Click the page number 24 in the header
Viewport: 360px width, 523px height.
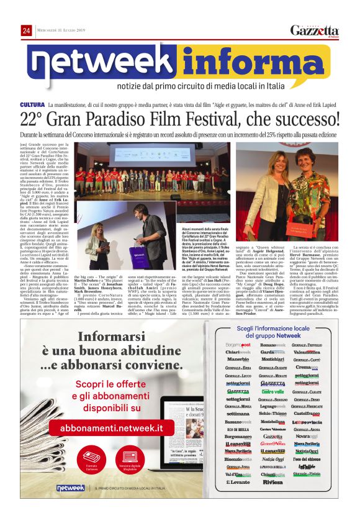26,30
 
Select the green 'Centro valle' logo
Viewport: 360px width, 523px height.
272,392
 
